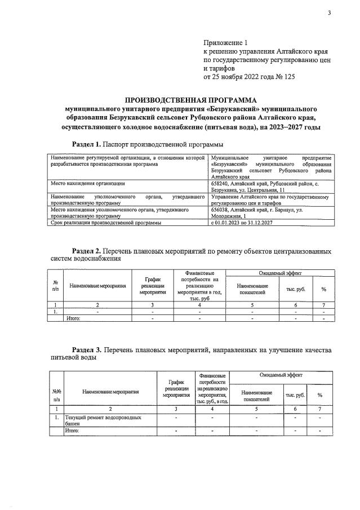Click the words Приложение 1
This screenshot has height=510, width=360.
coord(225,42)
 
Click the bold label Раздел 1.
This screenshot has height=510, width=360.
coord(88,144)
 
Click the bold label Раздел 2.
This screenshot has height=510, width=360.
coord(88,250)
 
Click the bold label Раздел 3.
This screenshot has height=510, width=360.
coord(88,350)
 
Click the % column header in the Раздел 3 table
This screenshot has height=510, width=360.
coord(319,395)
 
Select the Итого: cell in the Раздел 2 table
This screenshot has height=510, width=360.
coord(74,318)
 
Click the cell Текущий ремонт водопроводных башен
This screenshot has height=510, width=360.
coord(101,420)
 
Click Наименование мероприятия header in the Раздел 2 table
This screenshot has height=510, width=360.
coord(97,286)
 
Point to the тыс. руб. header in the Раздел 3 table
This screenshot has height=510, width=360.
coord(295,395)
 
